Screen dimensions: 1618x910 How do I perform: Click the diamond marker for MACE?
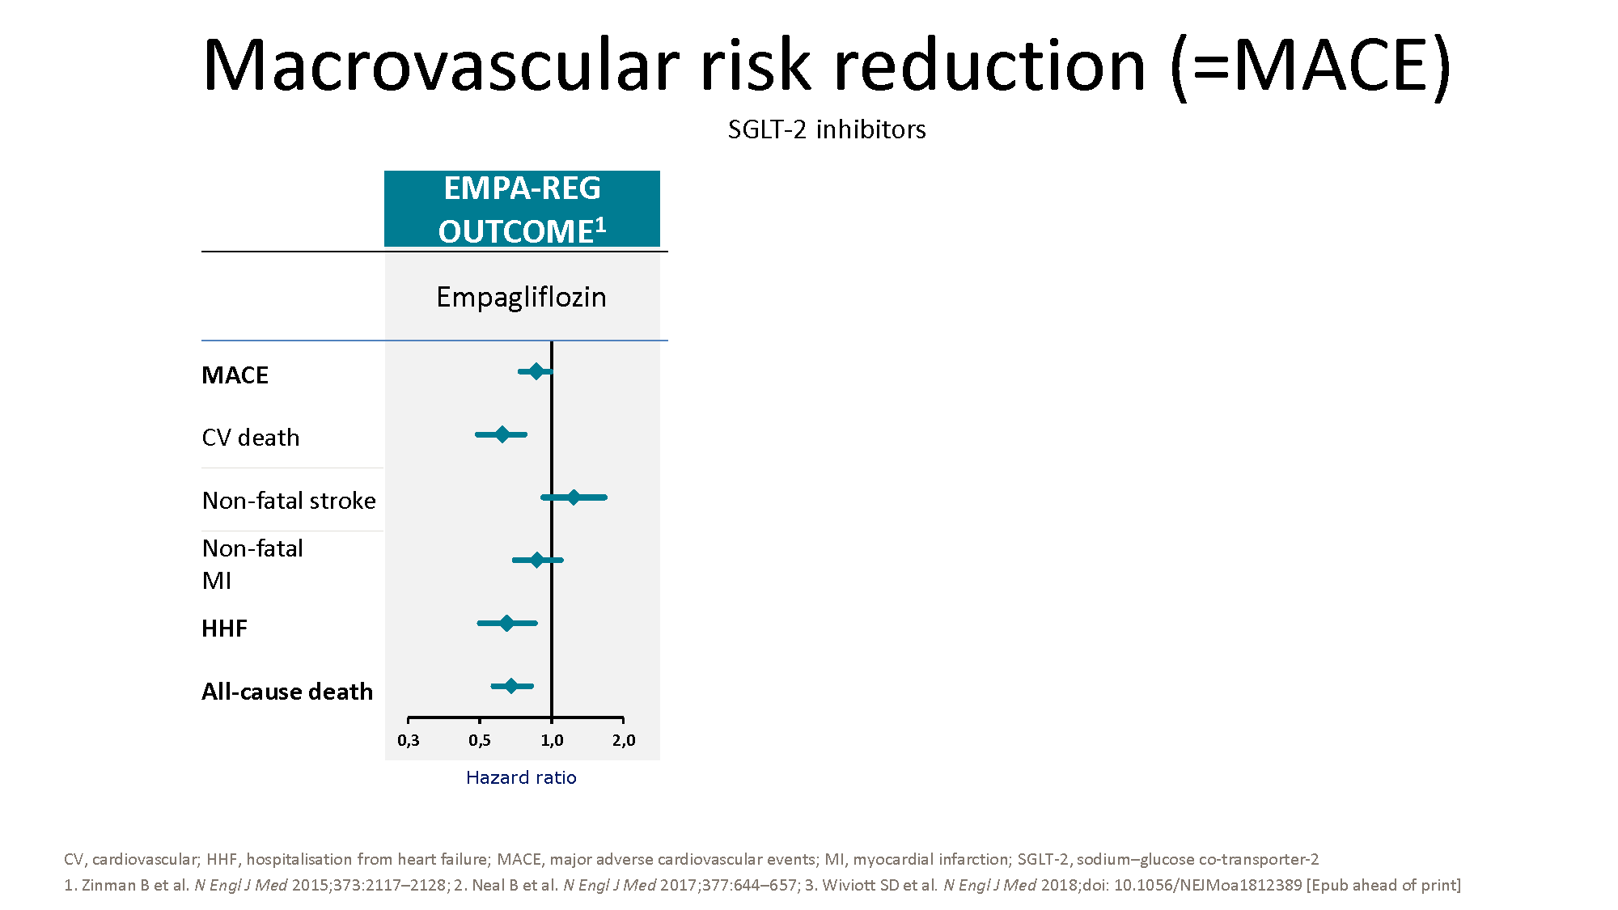click(536, 371)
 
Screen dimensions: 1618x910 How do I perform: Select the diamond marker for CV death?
click(502, 434)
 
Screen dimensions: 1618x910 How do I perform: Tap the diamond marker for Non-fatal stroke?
click(574, 497)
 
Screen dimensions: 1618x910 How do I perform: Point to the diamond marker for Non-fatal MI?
click(537, 560)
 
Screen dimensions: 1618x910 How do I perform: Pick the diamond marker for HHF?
click(506, 623)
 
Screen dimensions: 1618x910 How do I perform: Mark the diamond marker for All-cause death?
click(511, 686)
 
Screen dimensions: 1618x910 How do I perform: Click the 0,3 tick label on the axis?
click(409, 741)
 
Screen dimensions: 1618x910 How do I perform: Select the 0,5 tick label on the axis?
click(480, 741)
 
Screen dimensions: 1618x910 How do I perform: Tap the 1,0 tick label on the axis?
click(552, 741)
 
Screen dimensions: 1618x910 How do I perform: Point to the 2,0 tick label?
click(624, 741)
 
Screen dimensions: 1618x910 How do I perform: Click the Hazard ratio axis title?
click(521, 777)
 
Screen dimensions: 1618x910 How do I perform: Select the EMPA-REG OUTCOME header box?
click(522, 209)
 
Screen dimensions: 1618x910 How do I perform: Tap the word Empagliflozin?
click(521, 298)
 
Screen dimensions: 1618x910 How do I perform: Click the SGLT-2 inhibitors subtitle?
click(827, 129)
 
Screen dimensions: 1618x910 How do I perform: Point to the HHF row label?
click(224, 629)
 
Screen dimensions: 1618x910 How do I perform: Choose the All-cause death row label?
click(287, 692)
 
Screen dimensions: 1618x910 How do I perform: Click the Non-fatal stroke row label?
click(289, 501)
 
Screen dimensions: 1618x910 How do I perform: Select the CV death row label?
click(251, 438)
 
